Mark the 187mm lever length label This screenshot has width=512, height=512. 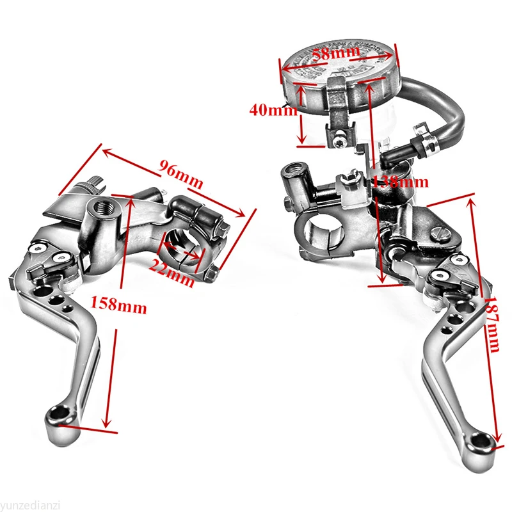point(492,324)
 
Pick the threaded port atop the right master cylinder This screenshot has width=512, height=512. point(295,168)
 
